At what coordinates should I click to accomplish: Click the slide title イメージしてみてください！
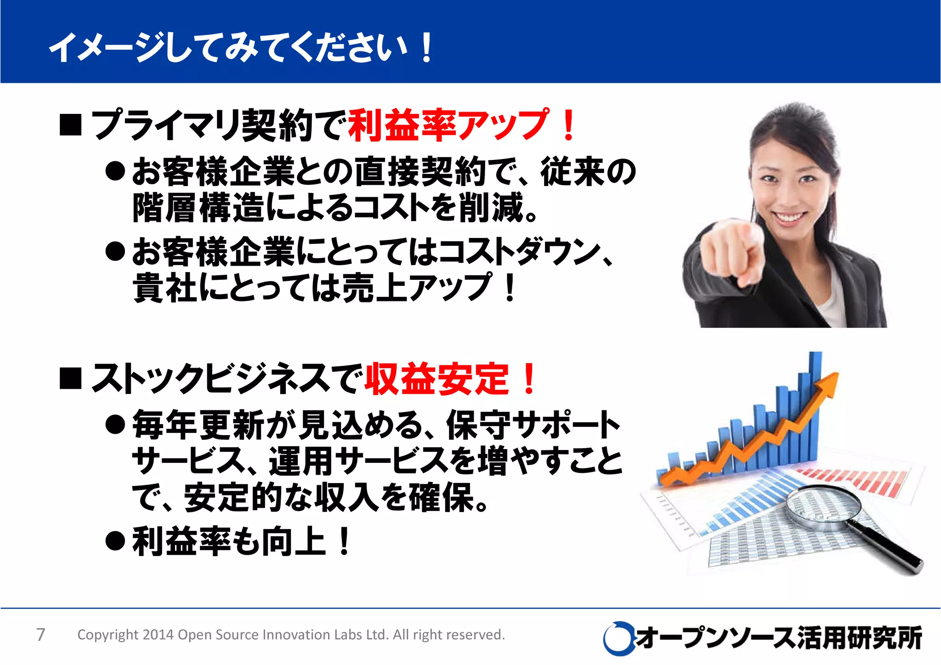[241, 47]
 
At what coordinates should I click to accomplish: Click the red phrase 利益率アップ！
[461, 125]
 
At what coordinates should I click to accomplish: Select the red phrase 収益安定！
[450, 379]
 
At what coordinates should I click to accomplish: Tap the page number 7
[40, 635]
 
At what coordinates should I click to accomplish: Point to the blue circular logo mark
[618, 638]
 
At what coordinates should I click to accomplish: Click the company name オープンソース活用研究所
[779, 638]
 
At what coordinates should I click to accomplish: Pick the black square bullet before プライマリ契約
[70, 125]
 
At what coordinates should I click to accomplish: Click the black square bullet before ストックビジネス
[70, 379]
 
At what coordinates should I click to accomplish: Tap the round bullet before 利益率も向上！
[115, 541]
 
